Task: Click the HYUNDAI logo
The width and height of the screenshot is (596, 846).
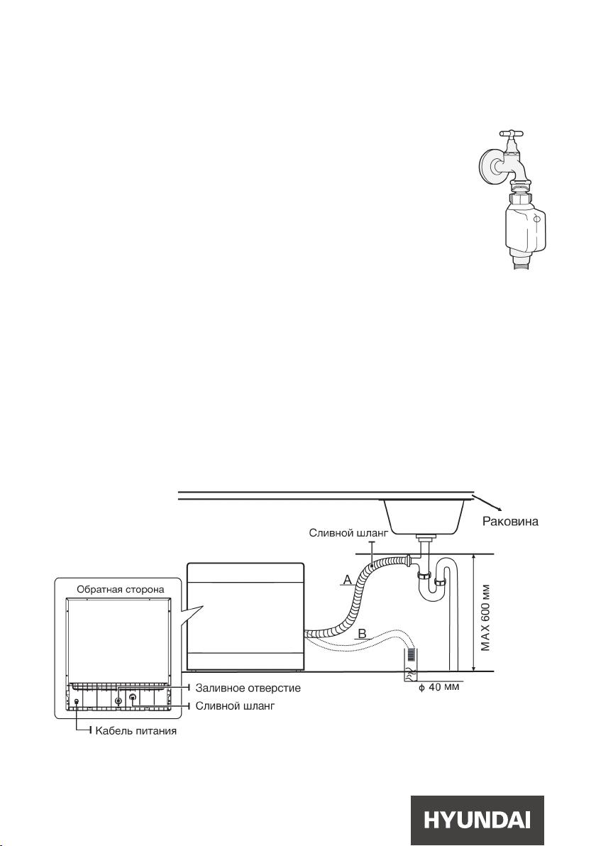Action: point(477,820)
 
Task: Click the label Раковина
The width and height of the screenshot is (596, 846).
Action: point(509,522)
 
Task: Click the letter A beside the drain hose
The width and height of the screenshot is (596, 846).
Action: point(348,580)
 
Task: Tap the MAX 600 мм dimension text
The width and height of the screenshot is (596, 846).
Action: point(486,617)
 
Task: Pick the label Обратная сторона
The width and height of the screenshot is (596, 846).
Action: point(121,589)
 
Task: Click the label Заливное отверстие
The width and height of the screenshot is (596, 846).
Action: point(248,688)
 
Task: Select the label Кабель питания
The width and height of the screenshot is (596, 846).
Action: point(136,732)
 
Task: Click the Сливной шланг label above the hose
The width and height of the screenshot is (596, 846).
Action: point(348,533)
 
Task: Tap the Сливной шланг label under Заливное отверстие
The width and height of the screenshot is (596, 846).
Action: point(235,705)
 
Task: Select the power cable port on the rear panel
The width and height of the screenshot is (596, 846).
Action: point(77,701)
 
